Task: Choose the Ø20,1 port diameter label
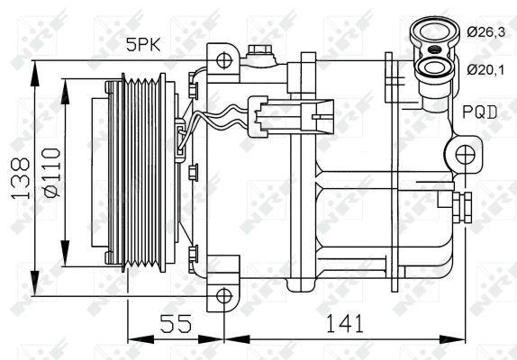485,69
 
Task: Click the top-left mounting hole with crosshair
223,60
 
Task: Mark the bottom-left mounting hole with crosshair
223,293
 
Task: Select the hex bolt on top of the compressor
260,53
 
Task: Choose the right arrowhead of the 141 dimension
465,340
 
